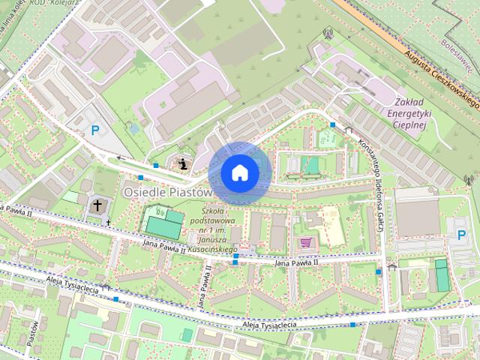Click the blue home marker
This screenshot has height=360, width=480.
point(238,172)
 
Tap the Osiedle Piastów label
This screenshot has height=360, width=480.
point(168,193)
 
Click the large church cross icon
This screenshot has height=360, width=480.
point(97,205)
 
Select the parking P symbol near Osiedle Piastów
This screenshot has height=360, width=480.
point(95,130)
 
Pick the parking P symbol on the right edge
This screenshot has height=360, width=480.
point(461,235)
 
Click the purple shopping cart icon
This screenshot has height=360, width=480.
point(305,242)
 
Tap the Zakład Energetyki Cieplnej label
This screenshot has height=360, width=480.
point(409,112)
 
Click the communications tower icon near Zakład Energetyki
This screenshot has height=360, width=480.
point(327,33)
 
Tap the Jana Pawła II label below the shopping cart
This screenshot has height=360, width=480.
point(296,262)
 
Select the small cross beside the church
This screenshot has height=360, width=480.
point(109,222)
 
